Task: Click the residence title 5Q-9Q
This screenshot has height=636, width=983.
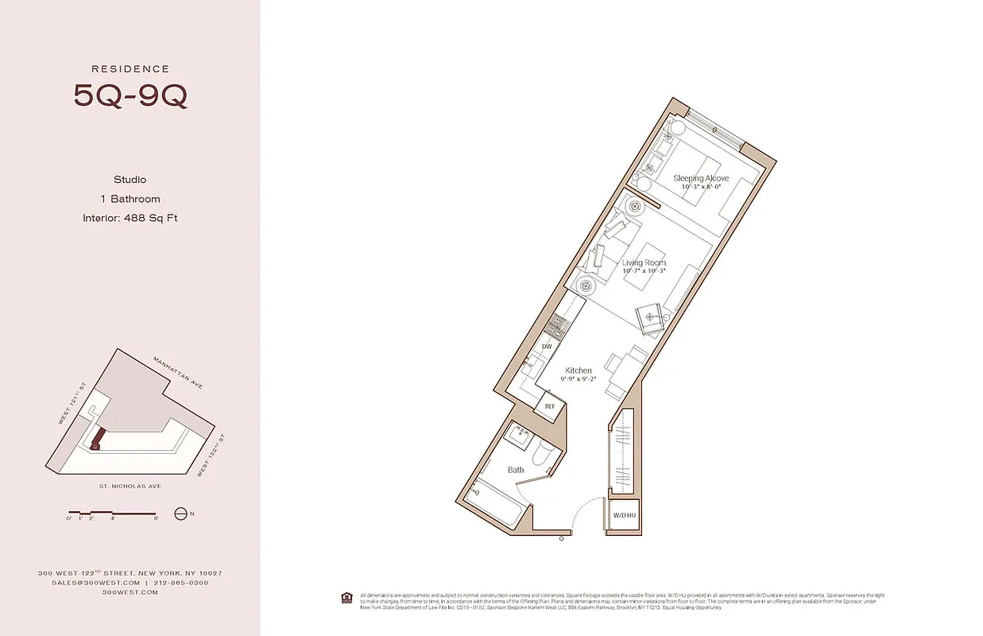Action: (130, 95)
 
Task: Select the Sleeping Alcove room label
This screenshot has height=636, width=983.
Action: (701, 178)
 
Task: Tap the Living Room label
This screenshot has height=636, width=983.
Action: (644, 262)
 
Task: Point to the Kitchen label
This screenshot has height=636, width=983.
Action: (578, 370)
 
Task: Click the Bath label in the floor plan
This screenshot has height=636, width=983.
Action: (516, 470)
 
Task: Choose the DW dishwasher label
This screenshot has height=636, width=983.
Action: (547, 347)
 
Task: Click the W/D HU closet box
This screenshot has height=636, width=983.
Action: (623, 516)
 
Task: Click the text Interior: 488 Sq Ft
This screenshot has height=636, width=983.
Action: (130, 218)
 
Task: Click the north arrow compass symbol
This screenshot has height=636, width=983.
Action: (180, 514)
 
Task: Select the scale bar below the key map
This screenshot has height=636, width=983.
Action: (114, 513)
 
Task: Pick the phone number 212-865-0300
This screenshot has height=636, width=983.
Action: (181, 583)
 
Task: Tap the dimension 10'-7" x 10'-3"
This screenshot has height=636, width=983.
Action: (644, 270)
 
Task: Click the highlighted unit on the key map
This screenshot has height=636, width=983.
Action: (99, 437)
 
